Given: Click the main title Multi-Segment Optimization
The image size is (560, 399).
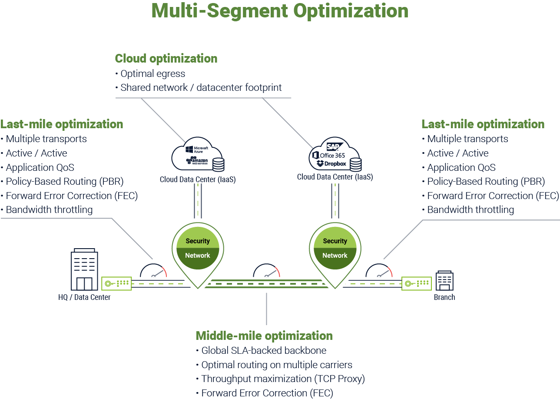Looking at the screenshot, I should (x=280, y=11).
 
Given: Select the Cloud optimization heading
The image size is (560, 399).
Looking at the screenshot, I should (x=166, y=58).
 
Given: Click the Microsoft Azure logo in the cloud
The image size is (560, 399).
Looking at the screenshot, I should (x=197, y=150).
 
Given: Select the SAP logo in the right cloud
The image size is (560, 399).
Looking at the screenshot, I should (x=335, y=146).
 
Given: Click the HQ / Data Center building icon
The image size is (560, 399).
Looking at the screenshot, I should (x=84, y=270).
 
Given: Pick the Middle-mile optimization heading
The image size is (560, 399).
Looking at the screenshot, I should (x=264, y=336).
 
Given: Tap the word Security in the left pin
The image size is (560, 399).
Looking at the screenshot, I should (x=198, y=241).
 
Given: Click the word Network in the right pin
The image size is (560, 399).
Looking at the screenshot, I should (x=335, y=256).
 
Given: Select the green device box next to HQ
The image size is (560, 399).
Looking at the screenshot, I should (x=116, y=283).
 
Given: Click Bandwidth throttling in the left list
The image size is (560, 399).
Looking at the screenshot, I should (x=49, y=210).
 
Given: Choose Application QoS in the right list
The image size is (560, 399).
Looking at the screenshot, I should (x=461, y=167).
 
